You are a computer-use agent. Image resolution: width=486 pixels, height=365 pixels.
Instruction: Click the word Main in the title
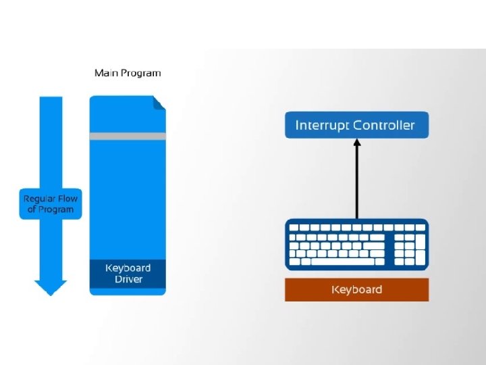107,73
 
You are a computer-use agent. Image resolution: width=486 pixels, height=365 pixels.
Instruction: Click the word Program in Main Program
140,74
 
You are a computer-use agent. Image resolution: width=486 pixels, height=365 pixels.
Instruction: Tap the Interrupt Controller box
357,125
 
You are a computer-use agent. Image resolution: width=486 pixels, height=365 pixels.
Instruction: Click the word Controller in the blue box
383,125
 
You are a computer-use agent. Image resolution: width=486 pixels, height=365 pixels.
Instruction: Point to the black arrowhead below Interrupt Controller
357,143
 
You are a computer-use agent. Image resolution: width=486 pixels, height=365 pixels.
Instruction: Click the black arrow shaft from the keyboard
357,182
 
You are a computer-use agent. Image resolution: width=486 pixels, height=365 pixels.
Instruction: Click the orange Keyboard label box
357,289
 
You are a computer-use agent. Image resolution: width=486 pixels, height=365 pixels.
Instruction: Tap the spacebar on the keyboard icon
343,262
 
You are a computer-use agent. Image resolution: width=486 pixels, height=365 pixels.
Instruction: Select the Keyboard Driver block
128,274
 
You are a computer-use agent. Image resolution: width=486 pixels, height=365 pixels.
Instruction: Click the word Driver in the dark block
128,279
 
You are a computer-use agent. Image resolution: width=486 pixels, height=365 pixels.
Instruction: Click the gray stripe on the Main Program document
128,137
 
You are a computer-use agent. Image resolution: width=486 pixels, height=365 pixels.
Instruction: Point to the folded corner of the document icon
159,103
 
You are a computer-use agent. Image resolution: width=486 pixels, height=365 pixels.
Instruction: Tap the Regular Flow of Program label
51,204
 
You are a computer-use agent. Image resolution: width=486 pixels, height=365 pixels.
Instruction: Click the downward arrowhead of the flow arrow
51,288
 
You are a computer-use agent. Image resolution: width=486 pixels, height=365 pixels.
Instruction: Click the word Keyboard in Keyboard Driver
128,268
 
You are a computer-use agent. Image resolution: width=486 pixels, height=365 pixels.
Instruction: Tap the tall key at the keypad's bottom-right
421,258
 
